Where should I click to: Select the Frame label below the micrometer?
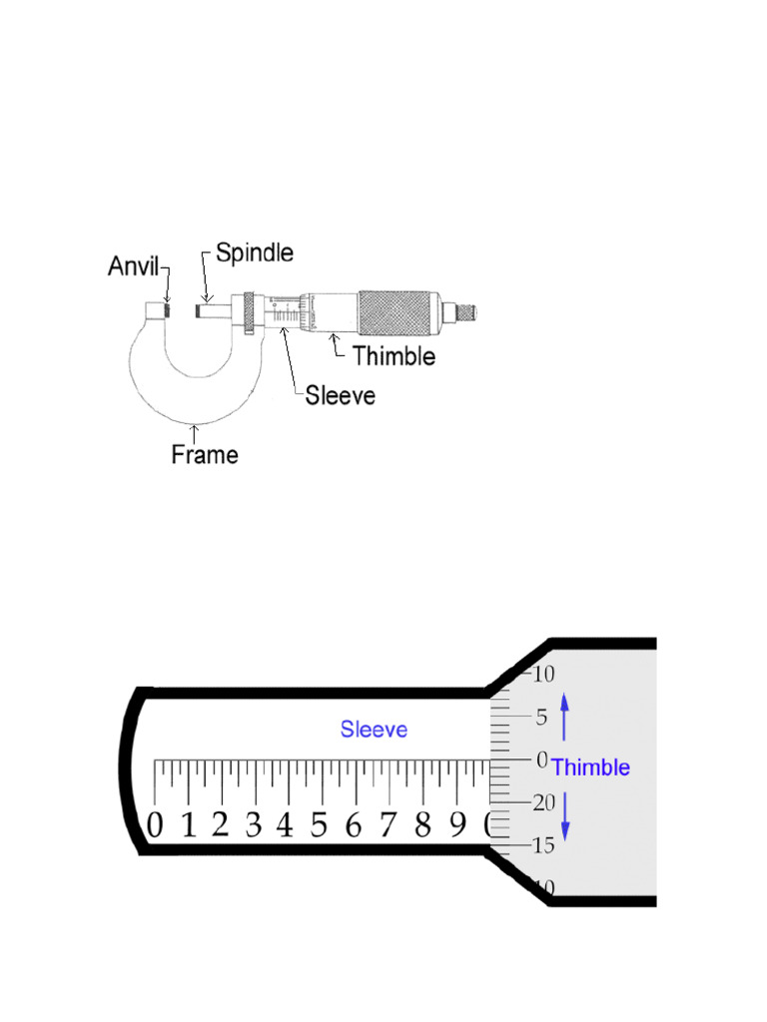pyautogui.click(x=205, y=455)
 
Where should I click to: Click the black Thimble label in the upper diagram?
pyautogui.click(x=392, y=354)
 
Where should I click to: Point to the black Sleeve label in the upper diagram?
pyautogui.click(x=341, y=395)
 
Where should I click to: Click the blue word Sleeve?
pyautogui.click(x=374, y=729)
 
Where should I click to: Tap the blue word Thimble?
pyautogui.click(x=590, y=767)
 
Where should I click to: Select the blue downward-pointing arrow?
pyautogui.click(x=564, y=814)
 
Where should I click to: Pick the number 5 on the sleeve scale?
pyautogui.click(x=319, y=826)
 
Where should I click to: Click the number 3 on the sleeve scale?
pyautogui.click(x=253, y=826)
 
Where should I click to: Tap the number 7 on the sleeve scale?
pyautogui.click(x=387, y=826)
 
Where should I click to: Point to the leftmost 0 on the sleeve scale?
pyautogui.click(x=155, y=826)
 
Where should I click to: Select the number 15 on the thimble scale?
pyautogui.click(x=542, y=846)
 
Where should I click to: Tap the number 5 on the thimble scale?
pyautogui.click(x=541, y=717)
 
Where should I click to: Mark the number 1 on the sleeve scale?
pyautogui.click(x=188, y=826)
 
